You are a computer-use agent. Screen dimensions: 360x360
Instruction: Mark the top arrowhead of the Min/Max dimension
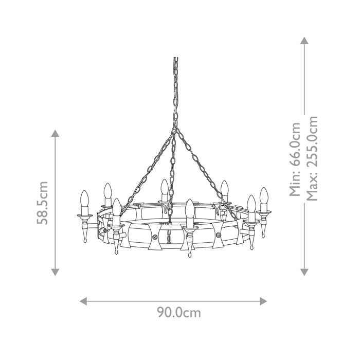(x=304, y=41)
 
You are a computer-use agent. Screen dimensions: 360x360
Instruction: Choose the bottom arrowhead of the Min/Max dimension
(x=304, y=272)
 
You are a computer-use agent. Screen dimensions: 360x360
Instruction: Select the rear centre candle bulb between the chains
(x=164, y=188)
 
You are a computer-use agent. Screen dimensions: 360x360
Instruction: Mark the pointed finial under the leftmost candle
(x=85, y=241)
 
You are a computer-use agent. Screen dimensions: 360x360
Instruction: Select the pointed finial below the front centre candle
(x=190, y=253)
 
